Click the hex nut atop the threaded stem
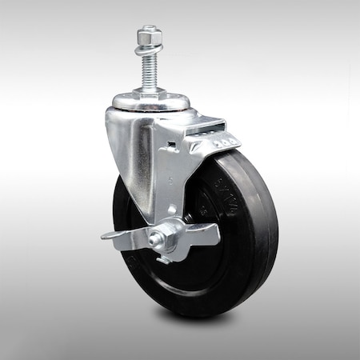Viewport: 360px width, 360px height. click(x=150, y=37)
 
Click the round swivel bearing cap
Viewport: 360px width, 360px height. click(x=151, y=102)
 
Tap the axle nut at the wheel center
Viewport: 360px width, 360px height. click(x=157, y=238)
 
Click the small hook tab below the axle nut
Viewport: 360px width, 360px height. click(x=163, y=258)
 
